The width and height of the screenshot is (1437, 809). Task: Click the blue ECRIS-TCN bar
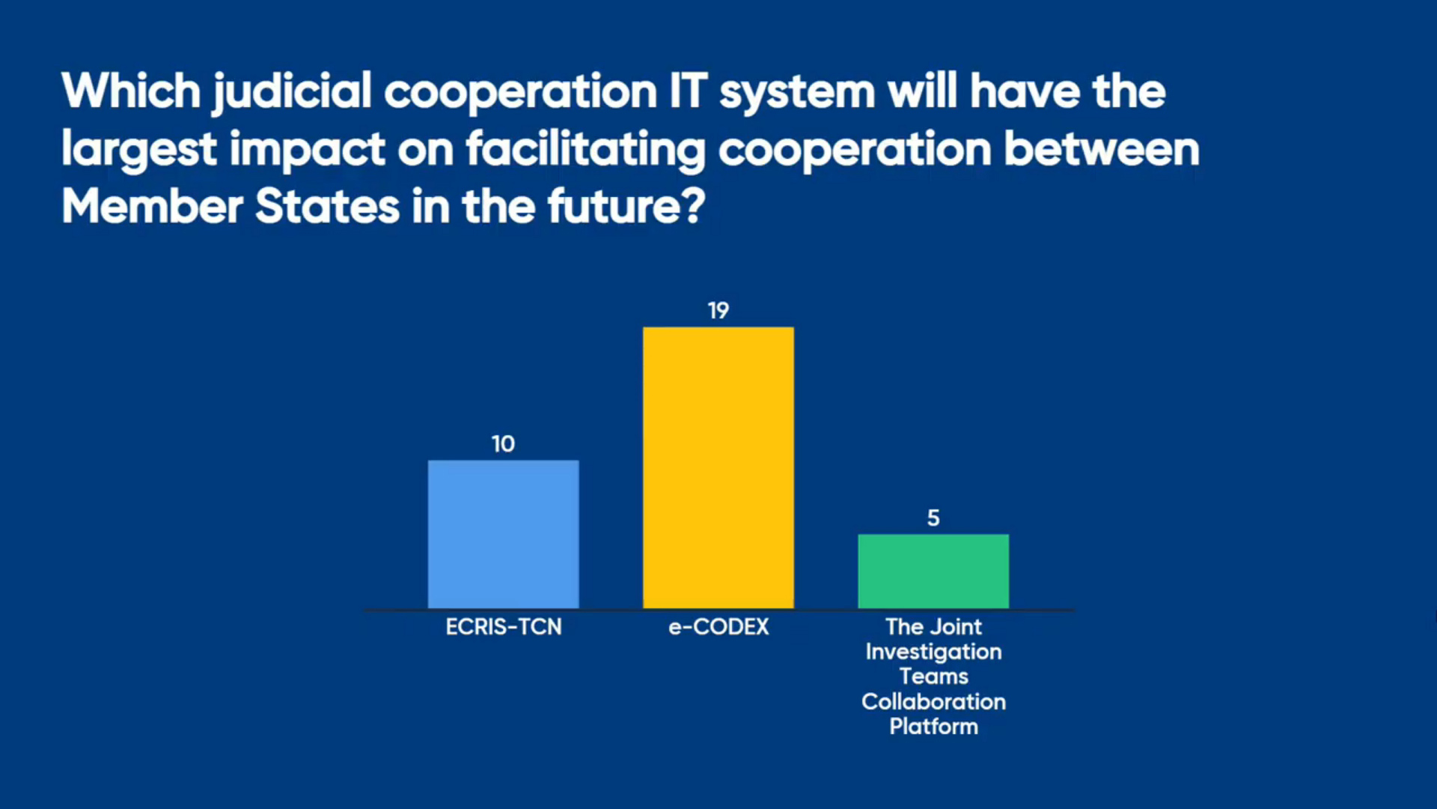(503, 534)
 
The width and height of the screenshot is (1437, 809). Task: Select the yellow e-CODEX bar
(718, 467)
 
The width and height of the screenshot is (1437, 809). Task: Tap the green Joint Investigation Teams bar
(933, 571)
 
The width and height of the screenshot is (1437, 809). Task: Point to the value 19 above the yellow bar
(718, 310)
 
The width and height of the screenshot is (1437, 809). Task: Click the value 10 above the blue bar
(503, 443)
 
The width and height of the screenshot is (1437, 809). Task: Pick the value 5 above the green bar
(933, 518)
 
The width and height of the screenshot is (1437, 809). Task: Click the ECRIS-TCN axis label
(504, 626)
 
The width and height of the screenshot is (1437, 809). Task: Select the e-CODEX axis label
(718, 626)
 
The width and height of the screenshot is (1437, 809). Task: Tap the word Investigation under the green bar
(933, 652)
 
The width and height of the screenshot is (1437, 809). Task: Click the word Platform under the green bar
(933, 726)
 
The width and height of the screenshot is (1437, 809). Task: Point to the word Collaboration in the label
(933, 701)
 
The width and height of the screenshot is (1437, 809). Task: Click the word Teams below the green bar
(933, 676)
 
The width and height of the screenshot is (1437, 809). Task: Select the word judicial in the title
(292, 94)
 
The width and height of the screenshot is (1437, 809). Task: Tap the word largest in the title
(140, 150)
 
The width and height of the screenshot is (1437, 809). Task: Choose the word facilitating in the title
(586, 150)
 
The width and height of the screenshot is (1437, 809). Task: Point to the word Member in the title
(152, 206)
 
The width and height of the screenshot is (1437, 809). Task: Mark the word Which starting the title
(132, 91)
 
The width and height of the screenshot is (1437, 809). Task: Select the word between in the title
(1101, 149)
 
